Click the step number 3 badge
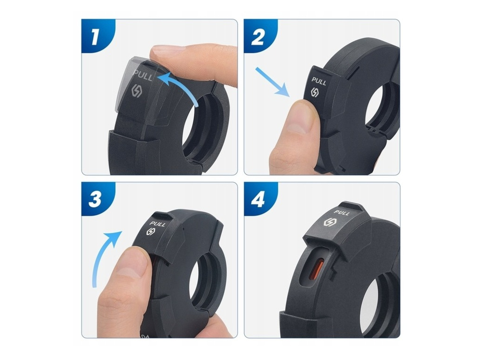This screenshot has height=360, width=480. coord(95,200)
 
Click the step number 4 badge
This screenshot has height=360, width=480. coord(258,200)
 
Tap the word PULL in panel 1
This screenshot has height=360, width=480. coord(142,75)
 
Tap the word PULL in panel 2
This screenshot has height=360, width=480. coord(319,81)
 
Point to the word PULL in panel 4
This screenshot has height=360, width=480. coord(341,212)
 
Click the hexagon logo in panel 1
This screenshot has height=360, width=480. coord(136,91)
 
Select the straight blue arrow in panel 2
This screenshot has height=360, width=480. coord(272,82)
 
